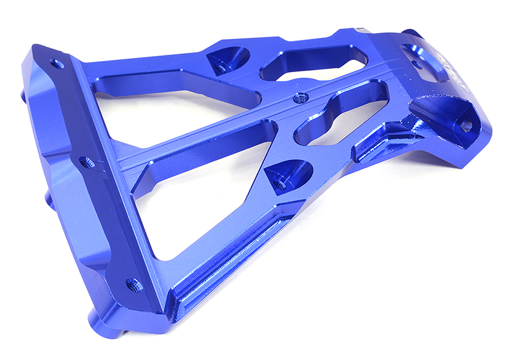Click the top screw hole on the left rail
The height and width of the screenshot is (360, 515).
57,64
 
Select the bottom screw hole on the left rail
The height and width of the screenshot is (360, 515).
132,283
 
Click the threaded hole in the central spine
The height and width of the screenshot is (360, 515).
297,99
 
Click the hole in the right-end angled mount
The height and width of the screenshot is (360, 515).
465,125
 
